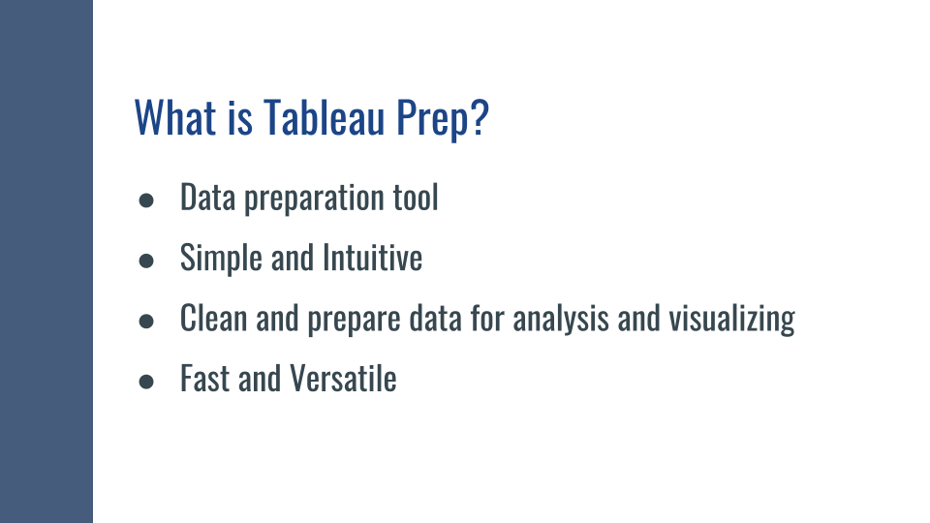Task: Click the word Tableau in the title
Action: coord(324,117)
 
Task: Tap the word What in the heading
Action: coord(175,117)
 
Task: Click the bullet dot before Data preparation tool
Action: coord(146,200)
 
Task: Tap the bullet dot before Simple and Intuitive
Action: coord(146,261)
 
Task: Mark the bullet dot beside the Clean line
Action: coord(146,321)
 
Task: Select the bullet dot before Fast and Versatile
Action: coord(146,382)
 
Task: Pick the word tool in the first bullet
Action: coord(416,197)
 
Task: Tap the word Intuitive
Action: coord(372,258)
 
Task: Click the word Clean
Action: coord(213,318)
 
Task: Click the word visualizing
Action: coord(732,320)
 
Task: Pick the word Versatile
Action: coord(343,379)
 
